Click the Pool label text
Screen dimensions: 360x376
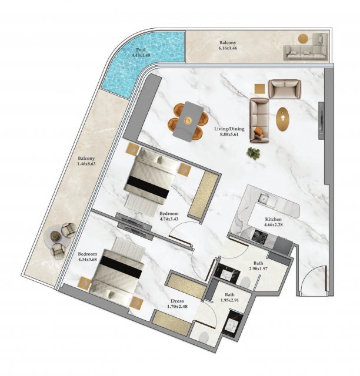click(141, 50)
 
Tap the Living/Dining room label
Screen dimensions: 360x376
click(229, 129)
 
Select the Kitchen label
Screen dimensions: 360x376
click(274, 219)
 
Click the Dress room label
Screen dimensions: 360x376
click(177, 301)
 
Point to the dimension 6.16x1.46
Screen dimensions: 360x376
click(228, 48)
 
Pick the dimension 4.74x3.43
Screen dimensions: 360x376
click(169, 219)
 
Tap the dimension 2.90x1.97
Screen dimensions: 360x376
click(258, 269)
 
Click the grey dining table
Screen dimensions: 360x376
click(188, 121)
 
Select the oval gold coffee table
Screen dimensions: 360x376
click(282, 119)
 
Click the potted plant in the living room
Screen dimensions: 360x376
click(254, 153)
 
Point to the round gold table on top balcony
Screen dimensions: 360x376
click(304, 39)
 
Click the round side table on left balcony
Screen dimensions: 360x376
click(55, 236)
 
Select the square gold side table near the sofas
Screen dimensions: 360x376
click(260, 89)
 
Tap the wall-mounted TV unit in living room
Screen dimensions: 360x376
click(321, 120)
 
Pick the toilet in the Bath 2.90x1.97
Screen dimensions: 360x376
click(245, 282)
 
